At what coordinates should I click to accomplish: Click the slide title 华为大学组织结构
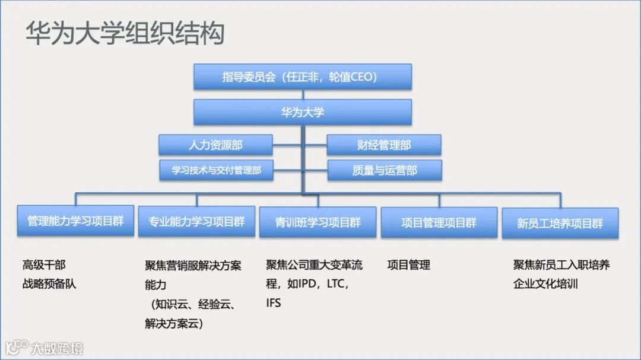pos(125,33)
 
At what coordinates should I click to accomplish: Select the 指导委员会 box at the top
pos(302,77)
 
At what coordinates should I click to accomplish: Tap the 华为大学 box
pos(302,111)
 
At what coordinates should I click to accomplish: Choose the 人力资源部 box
pos(215,145)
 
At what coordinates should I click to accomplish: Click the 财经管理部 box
pos(384,145)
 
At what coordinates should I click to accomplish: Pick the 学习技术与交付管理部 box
pos(216,170)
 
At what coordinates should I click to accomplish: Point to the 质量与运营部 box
pos(385,170)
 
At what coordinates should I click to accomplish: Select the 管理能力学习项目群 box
pos(75,221)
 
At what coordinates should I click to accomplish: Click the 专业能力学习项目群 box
pos(196,222)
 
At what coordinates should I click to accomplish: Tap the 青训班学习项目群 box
pos(318,222)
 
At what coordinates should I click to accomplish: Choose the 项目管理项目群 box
pos(439,222)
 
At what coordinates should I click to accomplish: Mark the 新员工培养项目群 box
pos(560,224)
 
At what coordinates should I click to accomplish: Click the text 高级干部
pos(44,265)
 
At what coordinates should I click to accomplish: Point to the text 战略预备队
pos(49,283)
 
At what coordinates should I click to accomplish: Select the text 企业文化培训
pos(545,283)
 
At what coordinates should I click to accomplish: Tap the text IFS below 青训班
pos(274,303)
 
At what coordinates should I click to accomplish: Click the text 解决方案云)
pos(174,324)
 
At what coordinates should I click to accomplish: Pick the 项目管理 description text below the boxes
pos(408,265)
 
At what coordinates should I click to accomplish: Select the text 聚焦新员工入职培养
pos(561,265)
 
